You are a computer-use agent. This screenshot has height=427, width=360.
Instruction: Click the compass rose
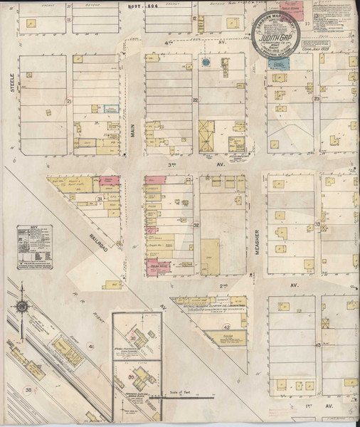[x=23, y=307]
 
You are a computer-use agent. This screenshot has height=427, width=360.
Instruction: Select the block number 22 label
[x=194, y=100]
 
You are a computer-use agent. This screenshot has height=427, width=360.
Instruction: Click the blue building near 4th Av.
[x=277, y=63]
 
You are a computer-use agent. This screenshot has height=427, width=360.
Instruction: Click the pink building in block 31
[x=109, y=181]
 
